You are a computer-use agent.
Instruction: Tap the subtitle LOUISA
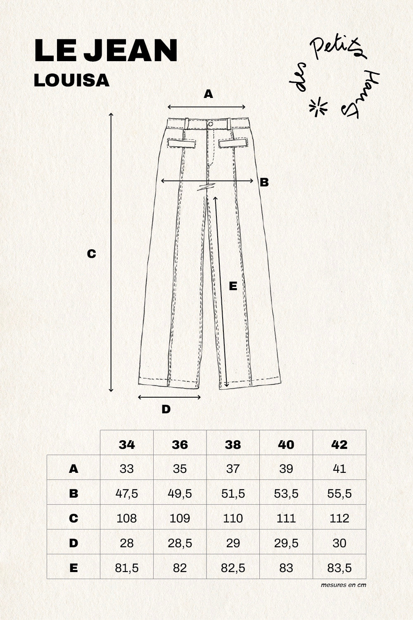71,81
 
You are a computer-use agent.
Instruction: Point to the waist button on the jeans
211,124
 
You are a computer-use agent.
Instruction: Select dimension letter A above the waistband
209,94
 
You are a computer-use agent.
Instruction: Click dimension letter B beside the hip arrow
264,182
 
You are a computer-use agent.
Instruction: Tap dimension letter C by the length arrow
91,253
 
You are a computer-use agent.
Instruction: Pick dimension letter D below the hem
166,409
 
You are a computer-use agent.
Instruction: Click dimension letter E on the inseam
233,286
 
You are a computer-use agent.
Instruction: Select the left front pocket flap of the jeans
181,143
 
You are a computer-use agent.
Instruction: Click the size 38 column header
233,444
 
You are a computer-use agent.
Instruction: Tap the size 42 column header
339,444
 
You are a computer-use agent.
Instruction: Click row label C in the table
74,518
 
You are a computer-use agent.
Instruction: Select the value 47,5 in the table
127,493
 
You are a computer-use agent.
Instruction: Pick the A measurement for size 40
286,468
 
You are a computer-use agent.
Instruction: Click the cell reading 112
339,518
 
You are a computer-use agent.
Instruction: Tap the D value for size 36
180,543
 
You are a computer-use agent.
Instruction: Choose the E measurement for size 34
127,568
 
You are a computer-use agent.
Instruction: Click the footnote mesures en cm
343,585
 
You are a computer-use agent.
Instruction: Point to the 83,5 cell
339,568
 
